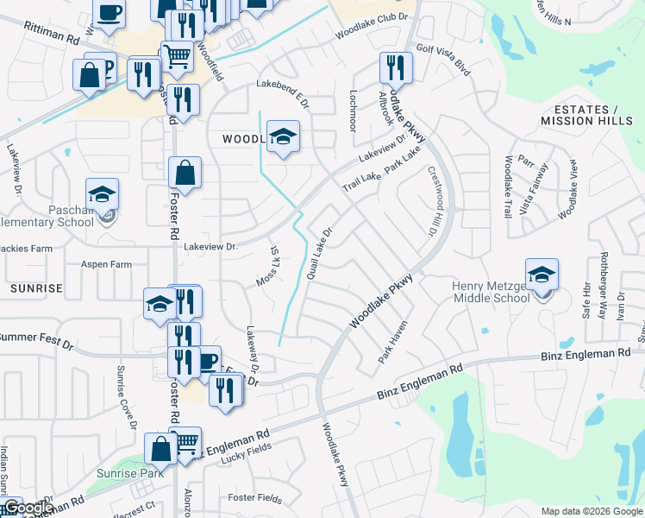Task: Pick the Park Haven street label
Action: [x=391, y=343]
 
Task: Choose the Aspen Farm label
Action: [x=106, y=264]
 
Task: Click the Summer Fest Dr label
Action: [x=36, y=339]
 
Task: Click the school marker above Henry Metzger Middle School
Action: [x=542, y=275]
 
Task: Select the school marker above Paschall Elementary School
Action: [x=102, y=193]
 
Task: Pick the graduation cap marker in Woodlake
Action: [x=283, y=135]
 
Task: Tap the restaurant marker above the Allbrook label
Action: [x=396, y=65]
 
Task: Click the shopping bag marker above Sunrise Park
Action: [x=160, y=448]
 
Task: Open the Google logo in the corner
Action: [x=26, y=509]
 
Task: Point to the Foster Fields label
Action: [x=254, y=498]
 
